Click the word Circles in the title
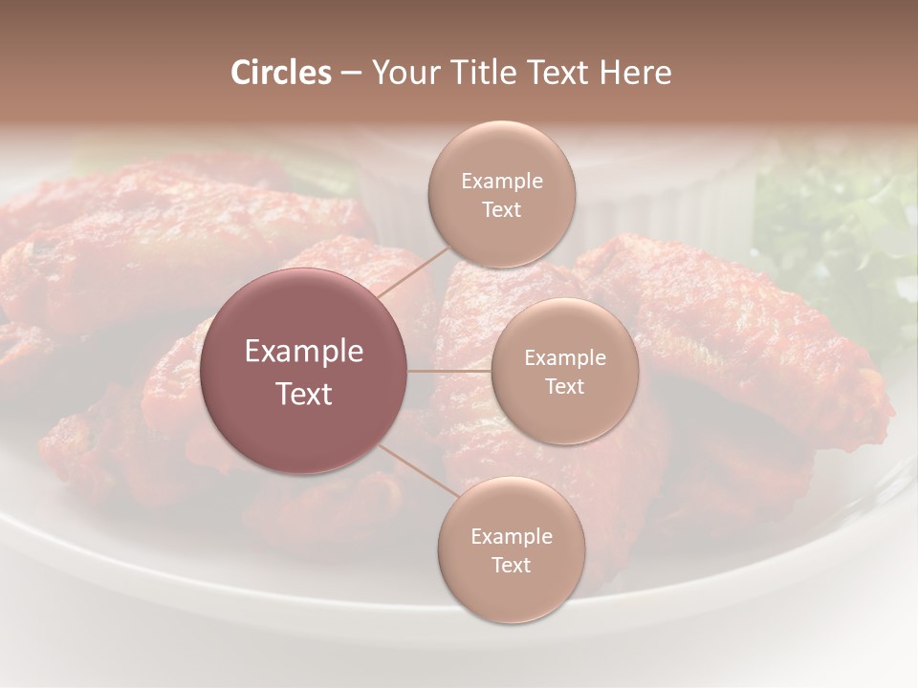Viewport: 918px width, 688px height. tap(281, 73)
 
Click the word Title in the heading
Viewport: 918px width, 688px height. tap(475, 73)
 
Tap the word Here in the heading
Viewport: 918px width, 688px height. tap(635, 73)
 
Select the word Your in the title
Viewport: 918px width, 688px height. tap(405, 73)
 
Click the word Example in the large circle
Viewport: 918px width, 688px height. tap(304, 352)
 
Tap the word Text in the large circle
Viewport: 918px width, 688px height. tap(304, 394)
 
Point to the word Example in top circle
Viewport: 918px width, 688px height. tap(502, 182)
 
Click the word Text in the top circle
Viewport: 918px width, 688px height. tap(501, 210)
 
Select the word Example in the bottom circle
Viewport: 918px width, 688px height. tap(512, 537)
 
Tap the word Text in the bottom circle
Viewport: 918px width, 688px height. tap(511, 566)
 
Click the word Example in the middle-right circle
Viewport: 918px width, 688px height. tap(565, 358)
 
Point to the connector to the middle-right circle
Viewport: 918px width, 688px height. tap(449, 371)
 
